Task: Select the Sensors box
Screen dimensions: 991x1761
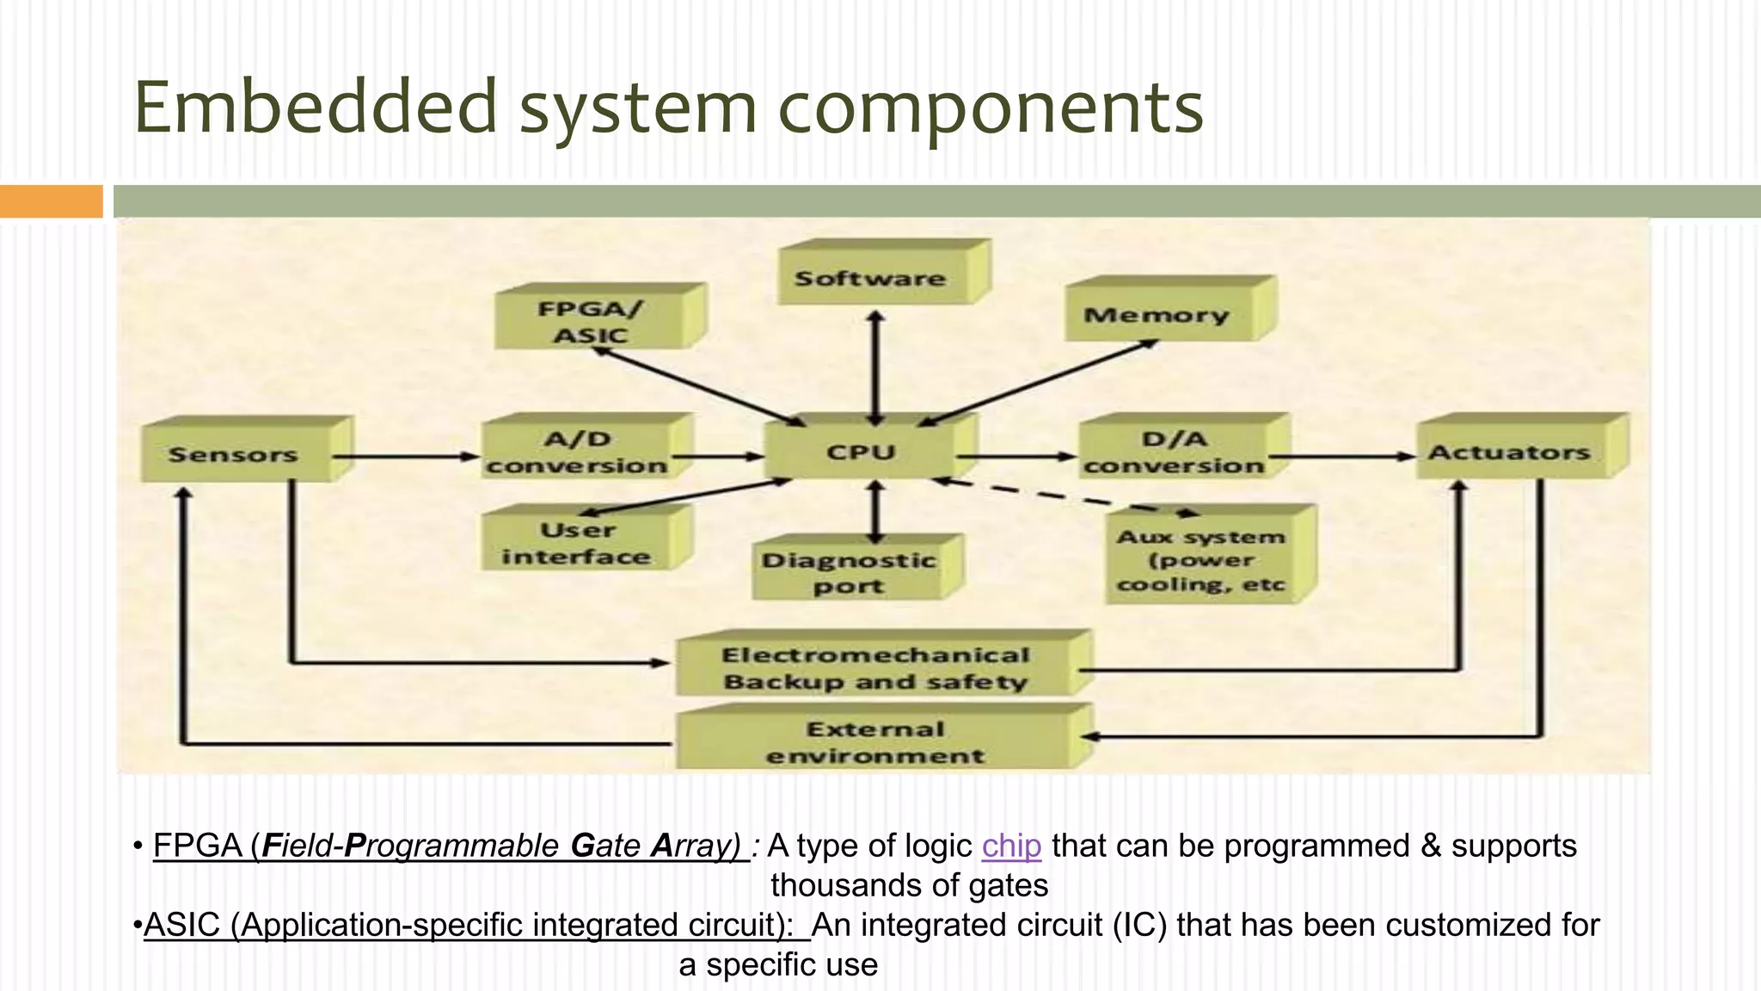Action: [234, 454]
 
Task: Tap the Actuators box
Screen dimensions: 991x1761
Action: [1509, 452]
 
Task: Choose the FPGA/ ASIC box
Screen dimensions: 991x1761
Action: [591, 322]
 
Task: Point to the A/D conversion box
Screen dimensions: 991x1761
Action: [576, 452]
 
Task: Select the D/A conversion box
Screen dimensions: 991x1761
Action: [1174, 452]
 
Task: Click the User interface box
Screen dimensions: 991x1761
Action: [576, 544]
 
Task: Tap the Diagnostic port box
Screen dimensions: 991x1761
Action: [848, 573]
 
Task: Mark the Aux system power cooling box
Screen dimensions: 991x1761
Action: [1201, 560]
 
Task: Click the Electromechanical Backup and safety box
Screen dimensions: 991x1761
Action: [875, 668]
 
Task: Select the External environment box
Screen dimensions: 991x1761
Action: [875, 742]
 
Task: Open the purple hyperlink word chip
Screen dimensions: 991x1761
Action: [1011, 846]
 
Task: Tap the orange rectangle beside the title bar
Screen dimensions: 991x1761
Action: [51, 201]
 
